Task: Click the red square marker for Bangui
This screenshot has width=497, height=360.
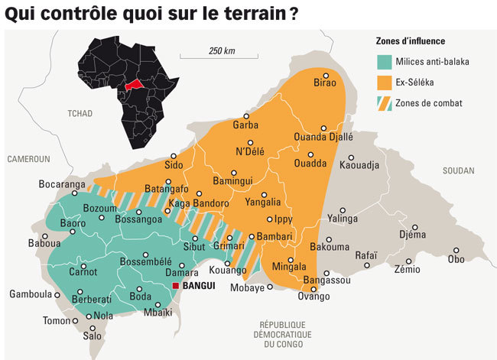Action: click(176, 286)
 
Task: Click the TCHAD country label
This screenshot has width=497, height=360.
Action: click(80, 114)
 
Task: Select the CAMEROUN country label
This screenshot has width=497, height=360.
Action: click(28, 159)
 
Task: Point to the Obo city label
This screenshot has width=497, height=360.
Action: click(456, 259)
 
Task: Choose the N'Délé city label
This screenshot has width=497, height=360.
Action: click(249, 151)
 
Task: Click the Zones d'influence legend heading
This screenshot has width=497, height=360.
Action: click(411, 41)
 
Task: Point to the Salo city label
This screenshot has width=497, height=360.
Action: click(92, 336)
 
